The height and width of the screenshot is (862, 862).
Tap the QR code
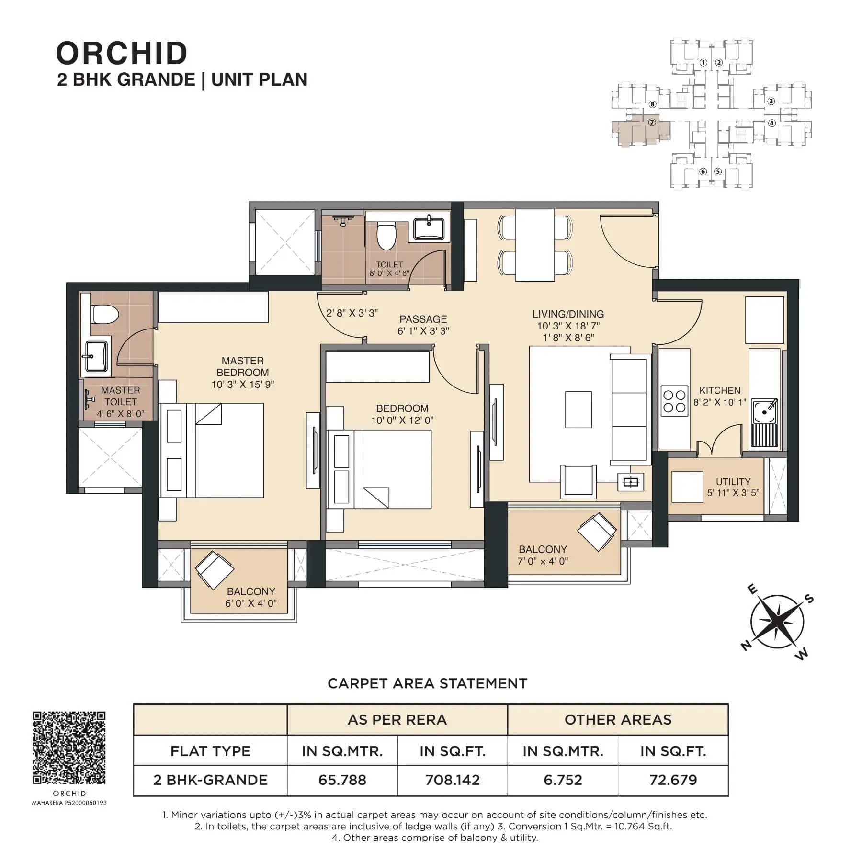(69, 747)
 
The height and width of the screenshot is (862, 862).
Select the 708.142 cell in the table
(453, 780)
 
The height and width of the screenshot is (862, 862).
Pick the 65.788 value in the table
(342, 780)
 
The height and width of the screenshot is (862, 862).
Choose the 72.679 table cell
(673, 780)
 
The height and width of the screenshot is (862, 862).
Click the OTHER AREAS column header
(618, 719)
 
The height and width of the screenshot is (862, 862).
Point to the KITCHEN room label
(720, 390)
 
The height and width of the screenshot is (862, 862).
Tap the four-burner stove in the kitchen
(674, 401)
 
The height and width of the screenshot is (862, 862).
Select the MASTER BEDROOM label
(243, 366)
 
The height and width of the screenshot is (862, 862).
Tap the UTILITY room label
(733, 481)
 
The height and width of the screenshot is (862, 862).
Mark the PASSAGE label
(423, 319)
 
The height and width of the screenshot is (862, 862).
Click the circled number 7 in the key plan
(651, 122)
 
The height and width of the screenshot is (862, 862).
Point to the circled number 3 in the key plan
(771, 101)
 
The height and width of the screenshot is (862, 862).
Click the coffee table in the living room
(578, 409)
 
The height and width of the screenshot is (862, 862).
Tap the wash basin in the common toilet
(429, 227)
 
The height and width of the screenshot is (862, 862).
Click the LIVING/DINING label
(568, 314)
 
